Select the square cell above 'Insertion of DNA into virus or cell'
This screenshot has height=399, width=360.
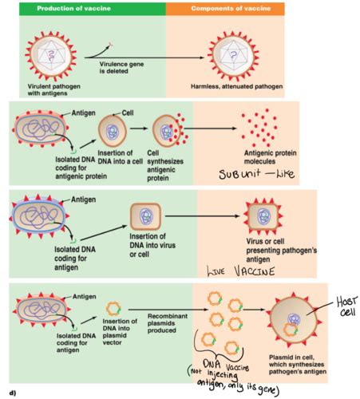[x=147, y=217]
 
